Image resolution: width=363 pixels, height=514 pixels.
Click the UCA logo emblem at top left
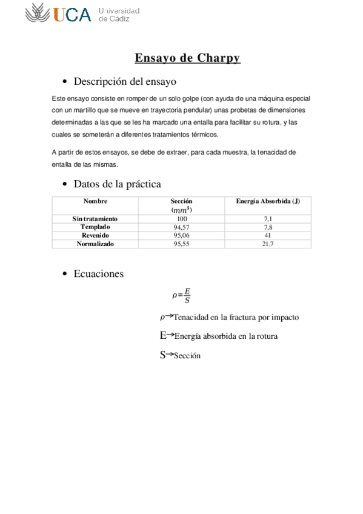38,13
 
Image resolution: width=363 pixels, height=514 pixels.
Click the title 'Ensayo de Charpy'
187,58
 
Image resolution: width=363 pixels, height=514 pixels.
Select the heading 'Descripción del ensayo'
125,81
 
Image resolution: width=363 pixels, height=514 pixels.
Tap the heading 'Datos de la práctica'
117,184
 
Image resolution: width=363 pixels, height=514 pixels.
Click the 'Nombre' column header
95,201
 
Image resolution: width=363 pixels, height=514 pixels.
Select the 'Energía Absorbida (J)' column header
267,201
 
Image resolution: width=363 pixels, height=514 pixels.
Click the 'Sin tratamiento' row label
95,218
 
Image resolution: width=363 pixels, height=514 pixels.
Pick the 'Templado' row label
95,227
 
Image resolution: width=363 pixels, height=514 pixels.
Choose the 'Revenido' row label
95,235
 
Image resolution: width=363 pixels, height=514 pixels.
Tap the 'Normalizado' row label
95,244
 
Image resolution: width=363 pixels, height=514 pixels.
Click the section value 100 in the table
182,218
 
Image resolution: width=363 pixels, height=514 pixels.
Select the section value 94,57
182,227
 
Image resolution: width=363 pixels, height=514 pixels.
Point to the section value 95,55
182,244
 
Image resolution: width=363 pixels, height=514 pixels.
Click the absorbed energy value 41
267,235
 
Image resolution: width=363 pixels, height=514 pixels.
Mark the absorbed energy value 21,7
267,244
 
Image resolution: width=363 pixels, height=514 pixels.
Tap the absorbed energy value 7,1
267,218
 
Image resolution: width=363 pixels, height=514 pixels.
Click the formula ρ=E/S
182,296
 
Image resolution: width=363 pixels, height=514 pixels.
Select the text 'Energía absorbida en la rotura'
225,336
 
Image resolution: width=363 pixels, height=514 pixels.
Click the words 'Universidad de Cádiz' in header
119,15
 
